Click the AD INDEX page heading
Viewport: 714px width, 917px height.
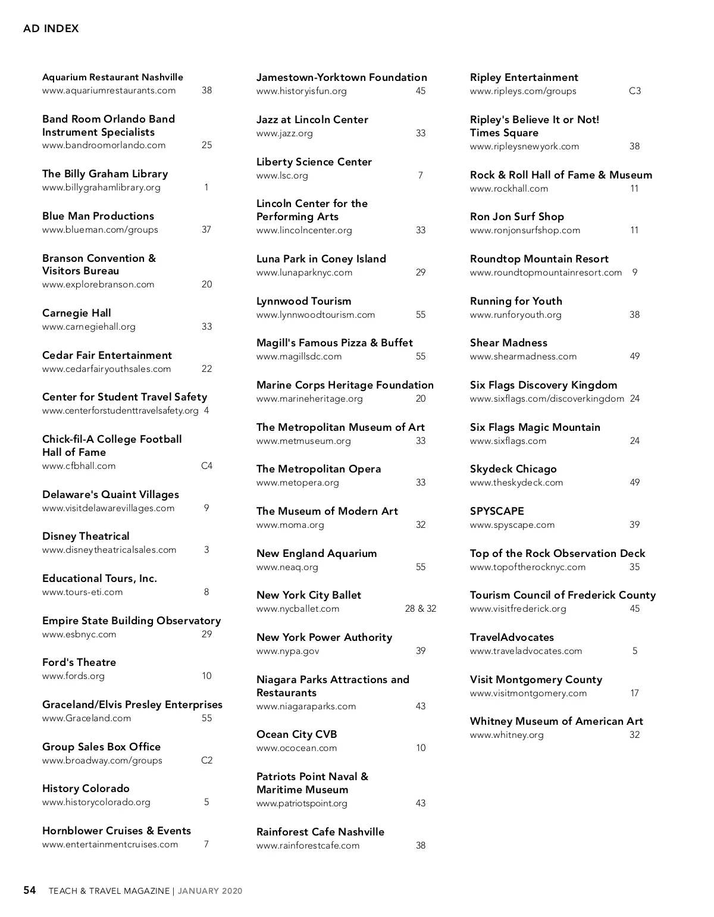51,29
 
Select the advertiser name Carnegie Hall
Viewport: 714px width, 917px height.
76,313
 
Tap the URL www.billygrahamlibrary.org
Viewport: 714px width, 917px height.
101,187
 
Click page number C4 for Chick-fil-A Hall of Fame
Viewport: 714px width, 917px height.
206,466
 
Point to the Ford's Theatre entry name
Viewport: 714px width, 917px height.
79,662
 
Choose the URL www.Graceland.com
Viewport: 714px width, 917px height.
86,718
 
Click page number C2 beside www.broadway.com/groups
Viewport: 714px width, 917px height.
206,760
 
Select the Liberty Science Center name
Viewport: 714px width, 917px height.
314,162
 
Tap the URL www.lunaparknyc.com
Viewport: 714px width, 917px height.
304,273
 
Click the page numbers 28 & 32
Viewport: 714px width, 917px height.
420,609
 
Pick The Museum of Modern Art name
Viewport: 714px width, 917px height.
327,511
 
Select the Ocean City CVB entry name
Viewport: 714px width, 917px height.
296,734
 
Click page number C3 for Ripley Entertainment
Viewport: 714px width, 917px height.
635,91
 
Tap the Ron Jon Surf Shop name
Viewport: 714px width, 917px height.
516,217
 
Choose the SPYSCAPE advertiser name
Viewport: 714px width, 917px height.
497,511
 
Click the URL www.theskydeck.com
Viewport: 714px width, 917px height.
516,483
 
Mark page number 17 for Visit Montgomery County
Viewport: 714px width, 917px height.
635,693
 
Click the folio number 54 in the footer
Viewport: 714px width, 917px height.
30,890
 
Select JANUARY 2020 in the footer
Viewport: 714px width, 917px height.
210,891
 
